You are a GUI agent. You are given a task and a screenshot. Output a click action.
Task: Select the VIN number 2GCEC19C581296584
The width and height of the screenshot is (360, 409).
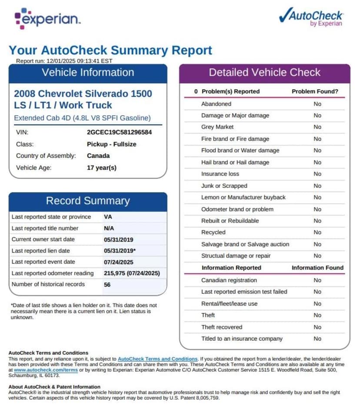[x=119, y=132]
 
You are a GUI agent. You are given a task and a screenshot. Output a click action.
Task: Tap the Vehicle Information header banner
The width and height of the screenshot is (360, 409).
[x=88, y=73]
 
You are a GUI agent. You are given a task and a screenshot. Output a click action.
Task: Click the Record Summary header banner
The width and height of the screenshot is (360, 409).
[x=88, y=201]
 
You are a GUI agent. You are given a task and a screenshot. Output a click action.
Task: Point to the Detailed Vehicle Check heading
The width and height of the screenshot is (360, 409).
[x=264, y=73]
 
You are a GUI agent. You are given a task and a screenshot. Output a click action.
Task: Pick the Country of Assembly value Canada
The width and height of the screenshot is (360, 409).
[x=98, y=156]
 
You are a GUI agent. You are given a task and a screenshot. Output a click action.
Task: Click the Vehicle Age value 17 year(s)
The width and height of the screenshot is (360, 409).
[x=102, y=167]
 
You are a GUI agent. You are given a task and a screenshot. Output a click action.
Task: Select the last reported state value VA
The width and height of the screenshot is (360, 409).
[x=108, y=217]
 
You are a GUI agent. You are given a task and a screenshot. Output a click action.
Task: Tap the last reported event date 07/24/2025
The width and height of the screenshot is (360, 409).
[x=119, y=262]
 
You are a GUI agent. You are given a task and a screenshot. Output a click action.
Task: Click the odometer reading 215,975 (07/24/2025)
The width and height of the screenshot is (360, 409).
[x=132, y=273]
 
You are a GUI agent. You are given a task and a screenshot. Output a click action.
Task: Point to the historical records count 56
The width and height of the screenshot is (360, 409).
[x=107, y=284]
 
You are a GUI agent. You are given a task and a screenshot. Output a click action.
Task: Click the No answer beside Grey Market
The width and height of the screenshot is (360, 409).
[x=317, y=127]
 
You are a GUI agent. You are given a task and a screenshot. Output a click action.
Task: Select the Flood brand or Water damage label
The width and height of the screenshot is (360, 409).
[x=240, y=150]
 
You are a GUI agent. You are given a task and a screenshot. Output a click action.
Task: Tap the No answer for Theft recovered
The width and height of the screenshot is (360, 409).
[x=317, y=327]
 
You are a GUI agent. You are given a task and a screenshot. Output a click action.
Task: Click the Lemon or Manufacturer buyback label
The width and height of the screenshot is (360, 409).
[x=243, y=197]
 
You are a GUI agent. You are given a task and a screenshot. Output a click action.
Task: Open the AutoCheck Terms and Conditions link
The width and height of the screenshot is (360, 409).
[x=157, y=359]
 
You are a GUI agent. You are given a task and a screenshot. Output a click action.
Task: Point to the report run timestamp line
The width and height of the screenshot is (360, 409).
[x=64, y=61]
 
